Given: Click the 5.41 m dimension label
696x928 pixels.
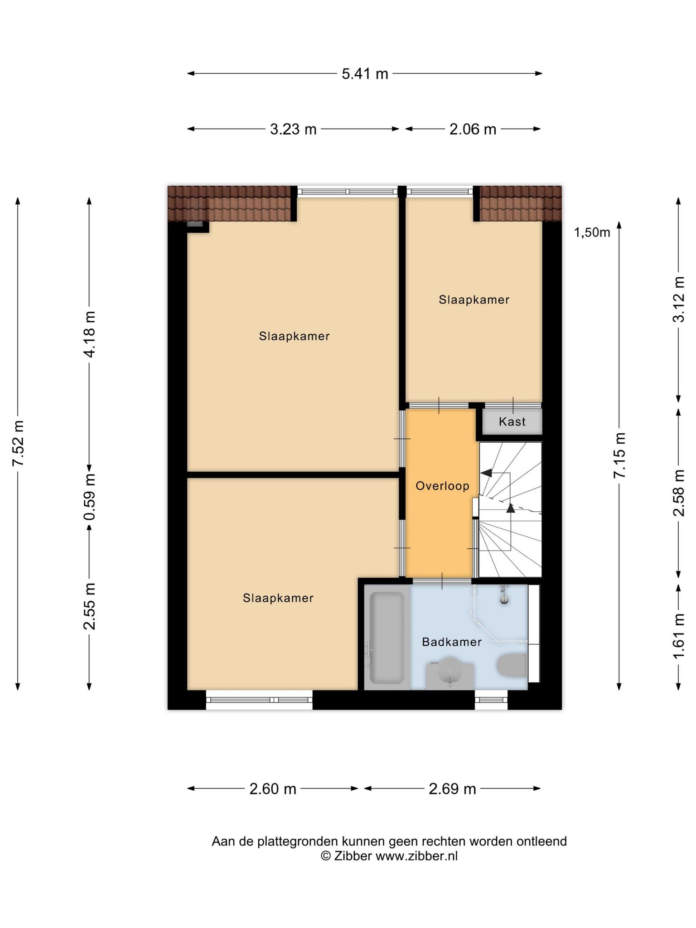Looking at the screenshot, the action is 365,73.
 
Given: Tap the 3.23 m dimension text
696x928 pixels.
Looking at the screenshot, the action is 293,129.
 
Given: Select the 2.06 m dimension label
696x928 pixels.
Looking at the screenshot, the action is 473,129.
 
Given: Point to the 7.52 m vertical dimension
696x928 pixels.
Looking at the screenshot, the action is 18,443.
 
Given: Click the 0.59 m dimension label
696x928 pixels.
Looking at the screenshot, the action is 89,497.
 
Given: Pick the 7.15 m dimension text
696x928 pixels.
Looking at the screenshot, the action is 619,455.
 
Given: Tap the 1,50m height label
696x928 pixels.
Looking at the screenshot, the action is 592,232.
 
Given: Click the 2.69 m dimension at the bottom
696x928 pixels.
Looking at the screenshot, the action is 452,789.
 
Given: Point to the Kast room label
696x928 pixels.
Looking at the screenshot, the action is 512,421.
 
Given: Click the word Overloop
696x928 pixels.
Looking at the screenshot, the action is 442,486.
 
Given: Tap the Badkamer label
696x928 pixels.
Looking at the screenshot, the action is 451,642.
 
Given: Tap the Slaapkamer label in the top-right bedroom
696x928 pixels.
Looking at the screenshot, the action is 474,300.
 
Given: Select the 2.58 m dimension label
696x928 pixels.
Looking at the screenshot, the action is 678,493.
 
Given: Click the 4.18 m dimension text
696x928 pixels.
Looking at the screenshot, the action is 89,334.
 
